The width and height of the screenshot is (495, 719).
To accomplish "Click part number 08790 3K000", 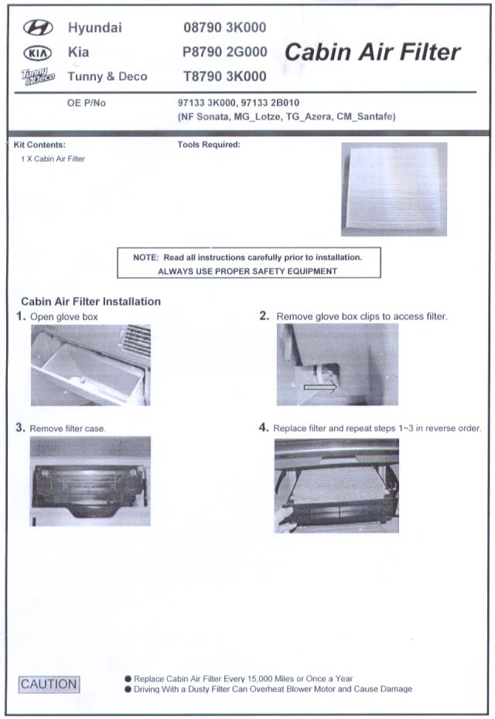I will (x=225, y=28).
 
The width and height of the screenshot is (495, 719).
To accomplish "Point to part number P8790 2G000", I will (x=225, y=52).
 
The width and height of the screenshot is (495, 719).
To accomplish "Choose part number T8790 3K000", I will (x=225, y=76).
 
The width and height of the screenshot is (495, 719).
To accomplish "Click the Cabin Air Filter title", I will (x=373, y=53).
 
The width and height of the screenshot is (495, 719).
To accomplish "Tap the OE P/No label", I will (x=87, y=103).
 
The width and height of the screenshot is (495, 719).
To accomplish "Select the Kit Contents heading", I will (x=39, y=145).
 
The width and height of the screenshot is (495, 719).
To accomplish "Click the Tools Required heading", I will (x=209, y=145).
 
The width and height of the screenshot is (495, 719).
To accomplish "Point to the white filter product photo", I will (x=394, y=189).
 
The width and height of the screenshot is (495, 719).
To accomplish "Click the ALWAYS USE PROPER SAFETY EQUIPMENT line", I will (x=247, y=271).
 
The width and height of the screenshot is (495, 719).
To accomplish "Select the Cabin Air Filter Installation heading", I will (x=90, y=302).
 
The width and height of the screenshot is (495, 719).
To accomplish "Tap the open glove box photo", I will (x=90, y=365).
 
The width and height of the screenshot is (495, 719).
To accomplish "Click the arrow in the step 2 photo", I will (x=319, y=387).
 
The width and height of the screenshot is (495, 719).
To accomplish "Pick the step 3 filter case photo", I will (x=90, y=482).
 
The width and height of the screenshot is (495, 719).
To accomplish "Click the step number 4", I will (x=264, y=428).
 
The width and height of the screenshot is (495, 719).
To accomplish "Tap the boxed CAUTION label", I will (x=49, y=684).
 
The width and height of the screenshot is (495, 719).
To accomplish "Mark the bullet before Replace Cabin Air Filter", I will (x=128, y=679).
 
